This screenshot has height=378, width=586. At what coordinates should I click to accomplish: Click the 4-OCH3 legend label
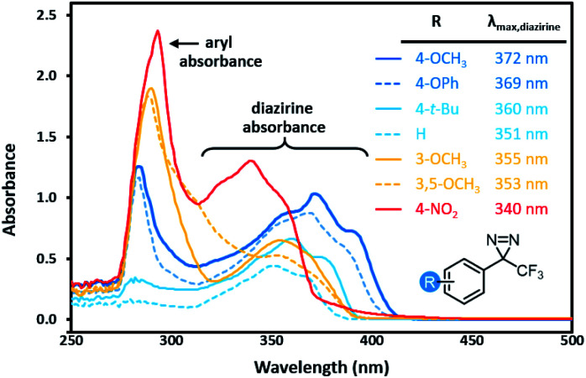coord(441,60)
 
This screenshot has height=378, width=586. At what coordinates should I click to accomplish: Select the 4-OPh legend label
coord(437,83)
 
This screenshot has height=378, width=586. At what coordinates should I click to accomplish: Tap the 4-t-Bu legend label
coord(437,109)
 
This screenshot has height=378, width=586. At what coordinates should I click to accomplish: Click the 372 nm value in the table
coord(521,59)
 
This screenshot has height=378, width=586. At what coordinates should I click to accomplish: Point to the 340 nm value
coord(521,209)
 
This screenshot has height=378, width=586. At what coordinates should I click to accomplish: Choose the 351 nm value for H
coord(521,134)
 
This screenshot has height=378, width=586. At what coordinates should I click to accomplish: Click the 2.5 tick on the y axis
coord(50,15)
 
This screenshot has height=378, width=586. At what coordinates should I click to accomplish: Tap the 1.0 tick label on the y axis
coord(50,198)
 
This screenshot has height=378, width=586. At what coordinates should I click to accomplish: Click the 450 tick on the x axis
coord(473,340)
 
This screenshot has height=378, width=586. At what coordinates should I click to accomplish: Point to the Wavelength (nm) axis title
coord(322,367)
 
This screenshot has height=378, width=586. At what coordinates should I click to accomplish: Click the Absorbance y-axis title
coord(10,190)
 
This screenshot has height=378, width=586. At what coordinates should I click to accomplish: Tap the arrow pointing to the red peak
coord(184,44)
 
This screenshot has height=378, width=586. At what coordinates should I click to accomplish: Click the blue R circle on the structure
coord(431,282)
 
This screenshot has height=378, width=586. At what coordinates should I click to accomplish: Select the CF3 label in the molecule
coord(530,272)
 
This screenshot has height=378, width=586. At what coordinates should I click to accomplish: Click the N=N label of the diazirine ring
coord(503,241)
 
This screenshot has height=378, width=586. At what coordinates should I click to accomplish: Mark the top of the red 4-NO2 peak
coord(158,31)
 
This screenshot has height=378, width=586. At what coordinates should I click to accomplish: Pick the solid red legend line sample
coord(389,210)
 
